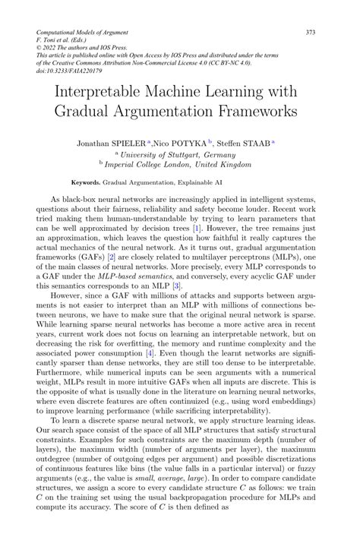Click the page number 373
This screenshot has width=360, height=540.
(x=311, y=33)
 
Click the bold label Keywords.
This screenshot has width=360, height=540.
(x=85, y=184)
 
